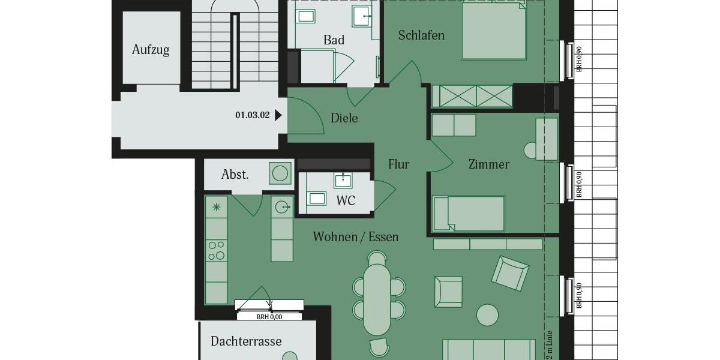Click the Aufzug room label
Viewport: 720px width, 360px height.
[151, 50]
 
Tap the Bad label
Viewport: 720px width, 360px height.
[334, 40]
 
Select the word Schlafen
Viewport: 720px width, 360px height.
[421, 35]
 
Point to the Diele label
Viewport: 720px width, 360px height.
[344, 118]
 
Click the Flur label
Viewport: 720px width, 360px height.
[398, 164]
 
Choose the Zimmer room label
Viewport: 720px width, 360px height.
[488, 164]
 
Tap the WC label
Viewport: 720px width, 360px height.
[346, 200]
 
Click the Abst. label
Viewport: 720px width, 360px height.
[235, 175]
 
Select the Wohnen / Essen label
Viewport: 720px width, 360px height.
[355, 237]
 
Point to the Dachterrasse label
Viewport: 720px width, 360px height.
[246, 341]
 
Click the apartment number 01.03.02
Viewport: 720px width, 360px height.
[253, 115]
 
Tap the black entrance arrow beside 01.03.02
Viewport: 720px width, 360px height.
[278, 115]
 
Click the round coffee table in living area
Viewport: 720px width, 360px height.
[487, 314]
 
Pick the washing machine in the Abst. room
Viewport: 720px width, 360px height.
[280, 173]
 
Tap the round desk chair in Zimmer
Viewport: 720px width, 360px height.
[531, 150]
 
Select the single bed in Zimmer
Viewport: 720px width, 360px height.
[469, 213]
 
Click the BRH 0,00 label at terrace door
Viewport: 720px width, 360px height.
[269, 317]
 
